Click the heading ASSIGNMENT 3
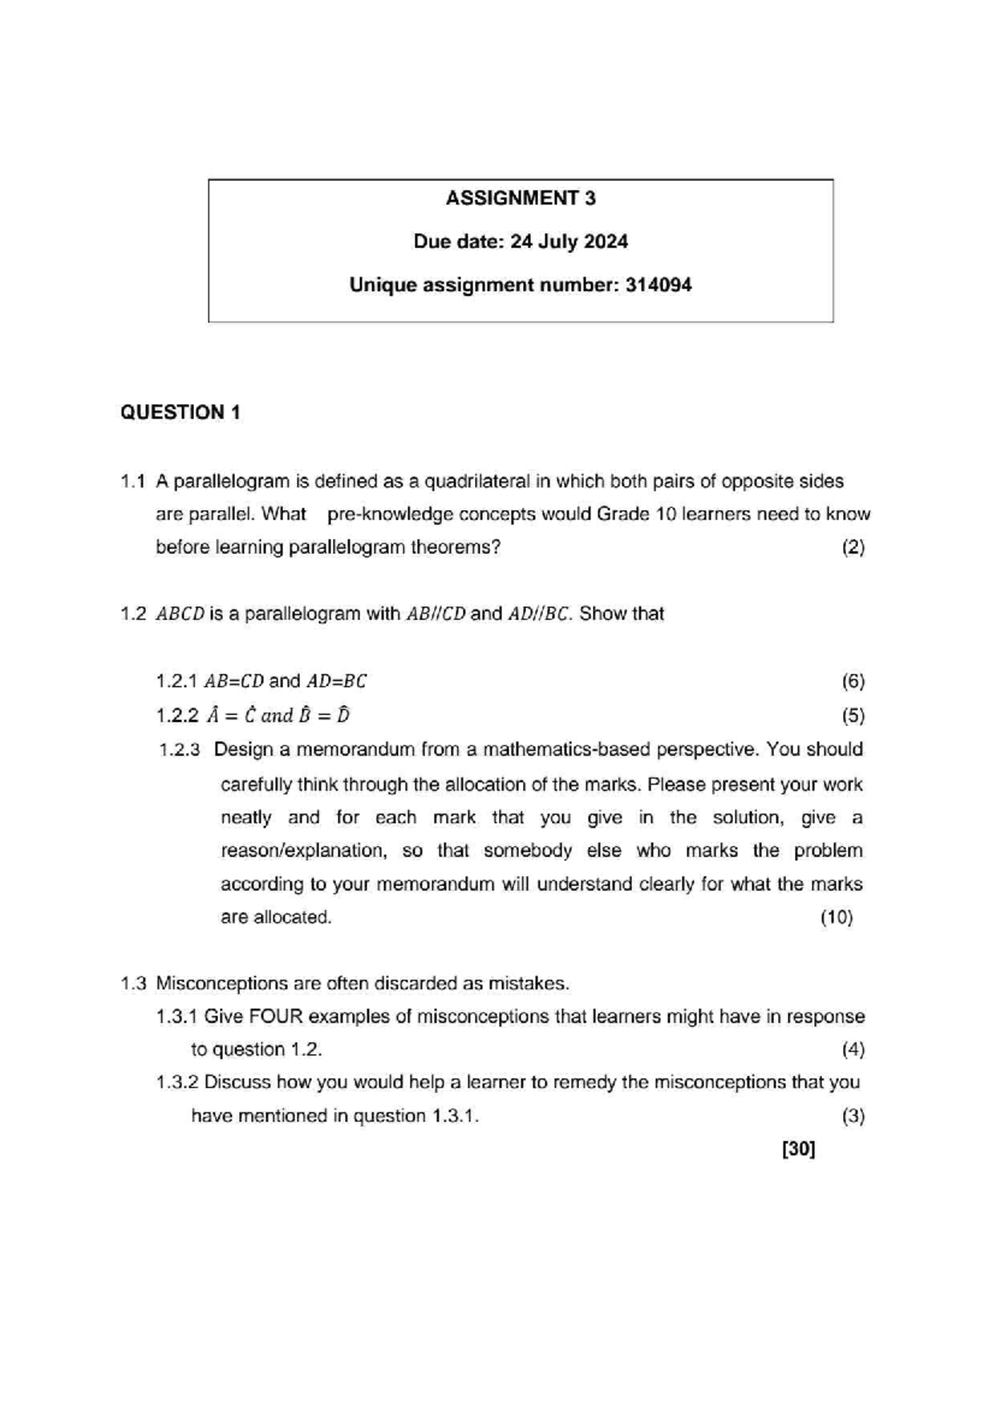click(x=520, y=198)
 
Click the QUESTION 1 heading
click(x=181, y=412)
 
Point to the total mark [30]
click(x=798, y=1149)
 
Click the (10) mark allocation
click(x=837, y=918)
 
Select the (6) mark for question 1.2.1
click(x=853, y=682)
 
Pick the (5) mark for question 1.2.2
click(x=853, y=716)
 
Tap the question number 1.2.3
click(x=180, y=750)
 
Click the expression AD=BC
click(x=337, y=682)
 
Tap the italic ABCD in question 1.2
click(x=180, y=615)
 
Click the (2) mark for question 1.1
click(x=853, y=548)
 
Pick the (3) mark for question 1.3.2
click(x=853, y=1117)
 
